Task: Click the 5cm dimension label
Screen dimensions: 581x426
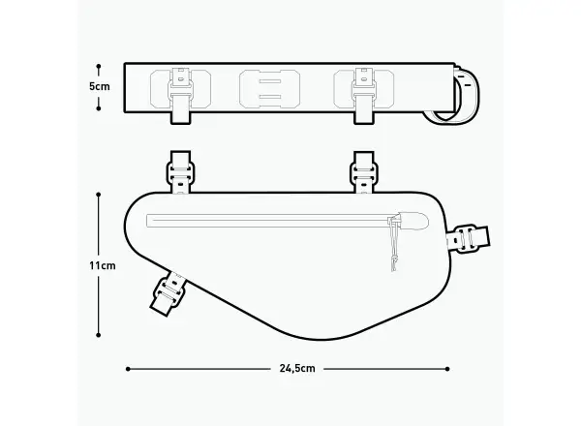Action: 100,87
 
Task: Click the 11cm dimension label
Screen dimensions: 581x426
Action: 102,265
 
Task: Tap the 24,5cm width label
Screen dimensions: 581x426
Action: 297,368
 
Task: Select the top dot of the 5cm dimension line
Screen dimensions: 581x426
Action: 99,66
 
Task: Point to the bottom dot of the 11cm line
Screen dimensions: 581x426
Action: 98,335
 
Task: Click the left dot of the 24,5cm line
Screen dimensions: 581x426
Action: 128,369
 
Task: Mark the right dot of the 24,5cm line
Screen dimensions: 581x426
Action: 447,369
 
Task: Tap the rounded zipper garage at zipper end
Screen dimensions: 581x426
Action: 413,221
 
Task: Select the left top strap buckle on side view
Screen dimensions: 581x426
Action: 180,172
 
